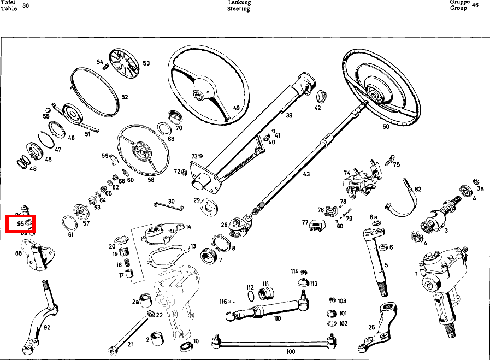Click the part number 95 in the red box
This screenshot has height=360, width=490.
tap(20, 223)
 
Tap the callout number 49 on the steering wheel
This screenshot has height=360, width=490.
tap(237, 108)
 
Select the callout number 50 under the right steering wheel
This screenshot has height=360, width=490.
tap(386, 127)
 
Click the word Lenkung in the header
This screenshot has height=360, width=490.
tap(239, 3)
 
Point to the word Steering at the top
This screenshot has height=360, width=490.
tap(239, 9)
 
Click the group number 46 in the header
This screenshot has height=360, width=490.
tap(475, 5)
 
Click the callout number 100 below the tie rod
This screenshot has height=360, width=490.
tap(291, 352)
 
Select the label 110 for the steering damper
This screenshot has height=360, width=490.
tap(278, 318)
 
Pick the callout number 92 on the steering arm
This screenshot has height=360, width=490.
tap(47, 328)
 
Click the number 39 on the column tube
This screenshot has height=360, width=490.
tap(289, 115)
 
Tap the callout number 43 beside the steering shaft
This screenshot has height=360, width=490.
tap(306, 174)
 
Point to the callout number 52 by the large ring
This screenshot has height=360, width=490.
tap(125, 97)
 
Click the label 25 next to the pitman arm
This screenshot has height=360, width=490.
tap(371, 327)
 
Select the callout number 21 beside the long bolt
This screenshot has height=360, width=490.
tap(130, 344)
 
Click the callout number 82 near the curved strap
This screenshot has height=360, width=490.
tap(418, 189)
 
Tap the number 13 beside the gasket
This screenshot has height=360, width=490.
tap(193, 246)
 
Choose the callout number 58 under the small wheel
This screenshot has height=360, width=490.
tap(151, 179)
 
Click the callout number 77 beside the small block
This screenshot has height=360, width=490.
tap(305, 222)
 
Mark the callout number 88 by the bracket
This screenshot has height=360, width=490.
tap(19, 253)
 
